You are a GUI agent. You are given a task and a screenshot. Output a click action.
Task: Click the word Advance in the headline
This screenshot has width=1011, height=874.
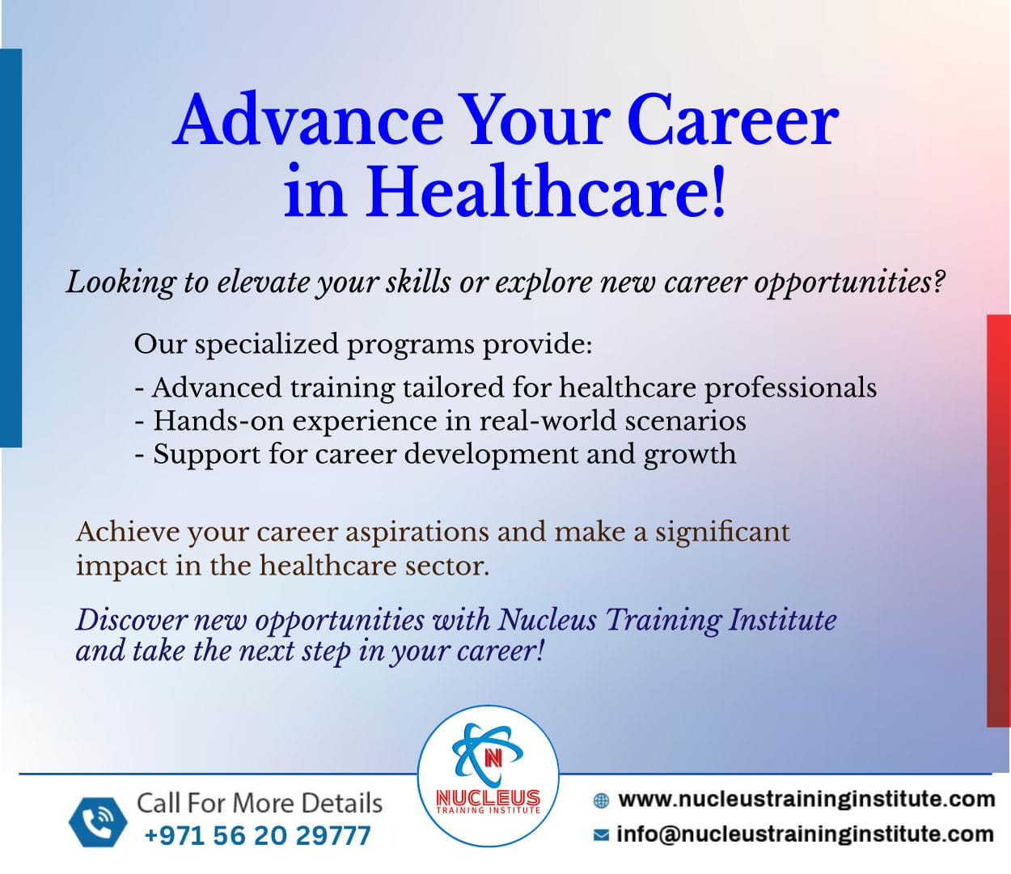click(308, 119)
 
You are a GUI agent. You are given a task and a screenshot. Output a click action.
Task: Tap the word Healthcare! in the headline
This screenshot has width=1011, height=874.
click(545, 190)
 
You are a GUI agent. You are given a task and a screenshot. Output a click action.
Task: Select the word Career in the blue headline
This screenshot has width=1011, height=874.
click(733, 119)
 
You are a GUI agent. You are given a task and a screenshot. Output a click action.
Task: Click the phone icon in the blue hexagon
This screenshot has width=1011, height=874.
click(98, 822)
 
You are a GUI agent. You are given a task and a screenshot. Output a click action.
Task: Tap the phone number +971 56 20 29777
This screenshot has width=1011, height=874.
click(258, 835)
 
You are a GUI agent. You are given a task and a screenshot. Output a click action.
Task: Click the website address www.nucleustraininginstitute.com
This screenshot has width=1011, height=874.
click(806, 799)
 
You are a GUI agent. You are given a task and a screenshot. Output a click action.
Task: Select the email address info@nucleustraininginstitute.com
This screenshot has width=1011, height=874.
click(805, 834)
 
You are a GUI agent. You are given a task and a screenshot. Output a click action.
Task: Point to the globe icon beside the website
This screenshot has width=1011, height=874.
click(601, 800)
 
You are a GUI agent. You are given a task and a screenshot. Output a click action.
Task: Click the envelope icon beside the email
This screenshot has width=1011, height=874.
click(601, 835)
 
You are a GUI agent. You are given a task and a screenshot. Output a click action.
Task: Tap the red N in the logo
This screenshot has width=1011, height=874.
click(493, 758)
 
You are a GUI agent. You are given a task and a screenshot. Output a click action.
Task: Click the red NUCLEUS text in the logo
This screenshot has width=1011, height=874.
click(489, 798)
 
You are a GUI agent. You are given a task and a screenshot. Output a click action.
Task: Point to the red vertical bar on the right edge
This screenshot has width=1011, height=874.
click(999, 520)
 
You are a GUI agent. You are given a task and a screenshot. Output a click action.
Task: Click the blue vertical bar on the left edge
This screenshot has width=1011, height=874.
click(11, 248)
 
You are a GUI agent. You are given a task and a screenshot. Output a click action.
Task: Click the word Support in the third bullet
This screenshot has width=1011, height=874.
click(207, 455)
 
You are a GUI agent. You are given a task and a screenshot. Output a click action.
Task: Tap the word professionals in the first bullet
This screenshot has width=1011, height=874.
click(790, 388)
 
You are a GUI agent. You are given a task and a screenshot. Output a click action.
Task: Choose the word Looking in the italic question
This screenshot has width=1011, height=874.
click(121, 283)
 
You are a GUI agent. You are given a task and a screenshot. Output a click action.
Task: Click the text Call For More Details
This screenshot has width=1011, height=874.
click(260, 804)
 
